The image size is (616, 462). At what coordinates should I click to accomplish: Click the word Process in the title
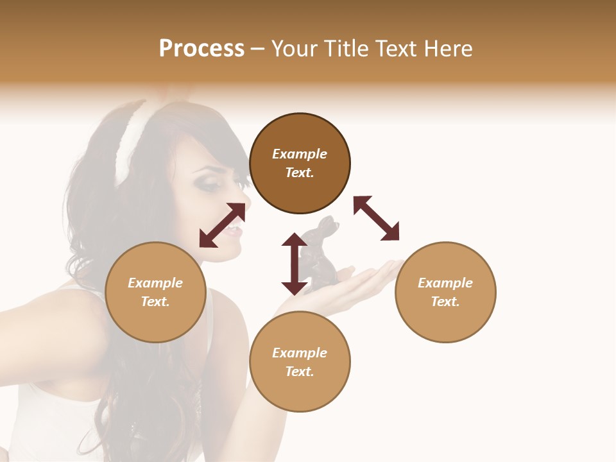201,49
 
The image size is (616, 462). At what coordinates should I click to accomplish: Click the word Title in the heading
344,49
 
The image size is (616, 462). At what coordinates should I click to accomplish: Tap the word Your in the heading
296,49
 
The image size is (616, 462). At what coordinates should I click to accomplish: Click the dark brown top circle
300,193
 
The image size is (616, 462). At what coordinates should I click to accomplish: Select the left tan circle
155,321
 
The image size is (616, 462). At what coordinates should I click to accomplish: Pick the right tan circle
445,321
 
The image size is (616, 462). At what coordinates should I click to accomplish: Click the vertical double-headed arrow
295,264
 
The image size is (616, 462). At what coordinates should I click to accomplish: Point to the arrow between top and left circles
222,225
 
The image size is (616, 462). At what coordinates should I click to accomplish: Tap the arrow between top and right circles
376,218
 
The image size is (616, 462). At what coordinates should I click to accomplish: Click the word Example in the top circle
300,154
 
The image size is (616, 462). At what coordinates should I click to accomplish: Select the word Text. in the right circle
445,302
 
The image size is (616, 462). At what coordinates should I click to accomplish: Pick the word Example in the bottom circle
300,353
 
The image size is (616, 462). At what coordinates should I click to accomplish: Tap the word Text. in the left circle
155,302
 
